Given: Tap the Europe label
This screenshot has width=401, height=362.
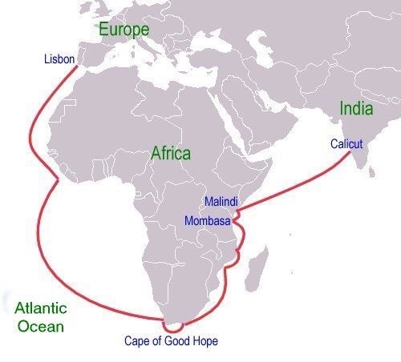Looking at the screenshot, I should (124, 30).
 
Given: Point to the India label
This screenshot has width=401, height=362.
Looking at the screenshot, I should (356, 108).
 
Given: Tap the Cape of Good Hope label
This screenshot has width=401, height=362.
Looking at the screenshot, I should (171, 341).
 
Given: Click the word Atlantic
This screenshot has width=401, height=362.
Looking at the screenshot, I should (40, 308).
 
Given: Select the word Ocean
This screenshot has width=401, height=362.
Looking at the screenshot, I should (43, 326).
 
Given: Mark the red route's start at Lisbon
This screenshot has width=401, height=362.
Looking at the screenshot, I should (78, 66).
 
